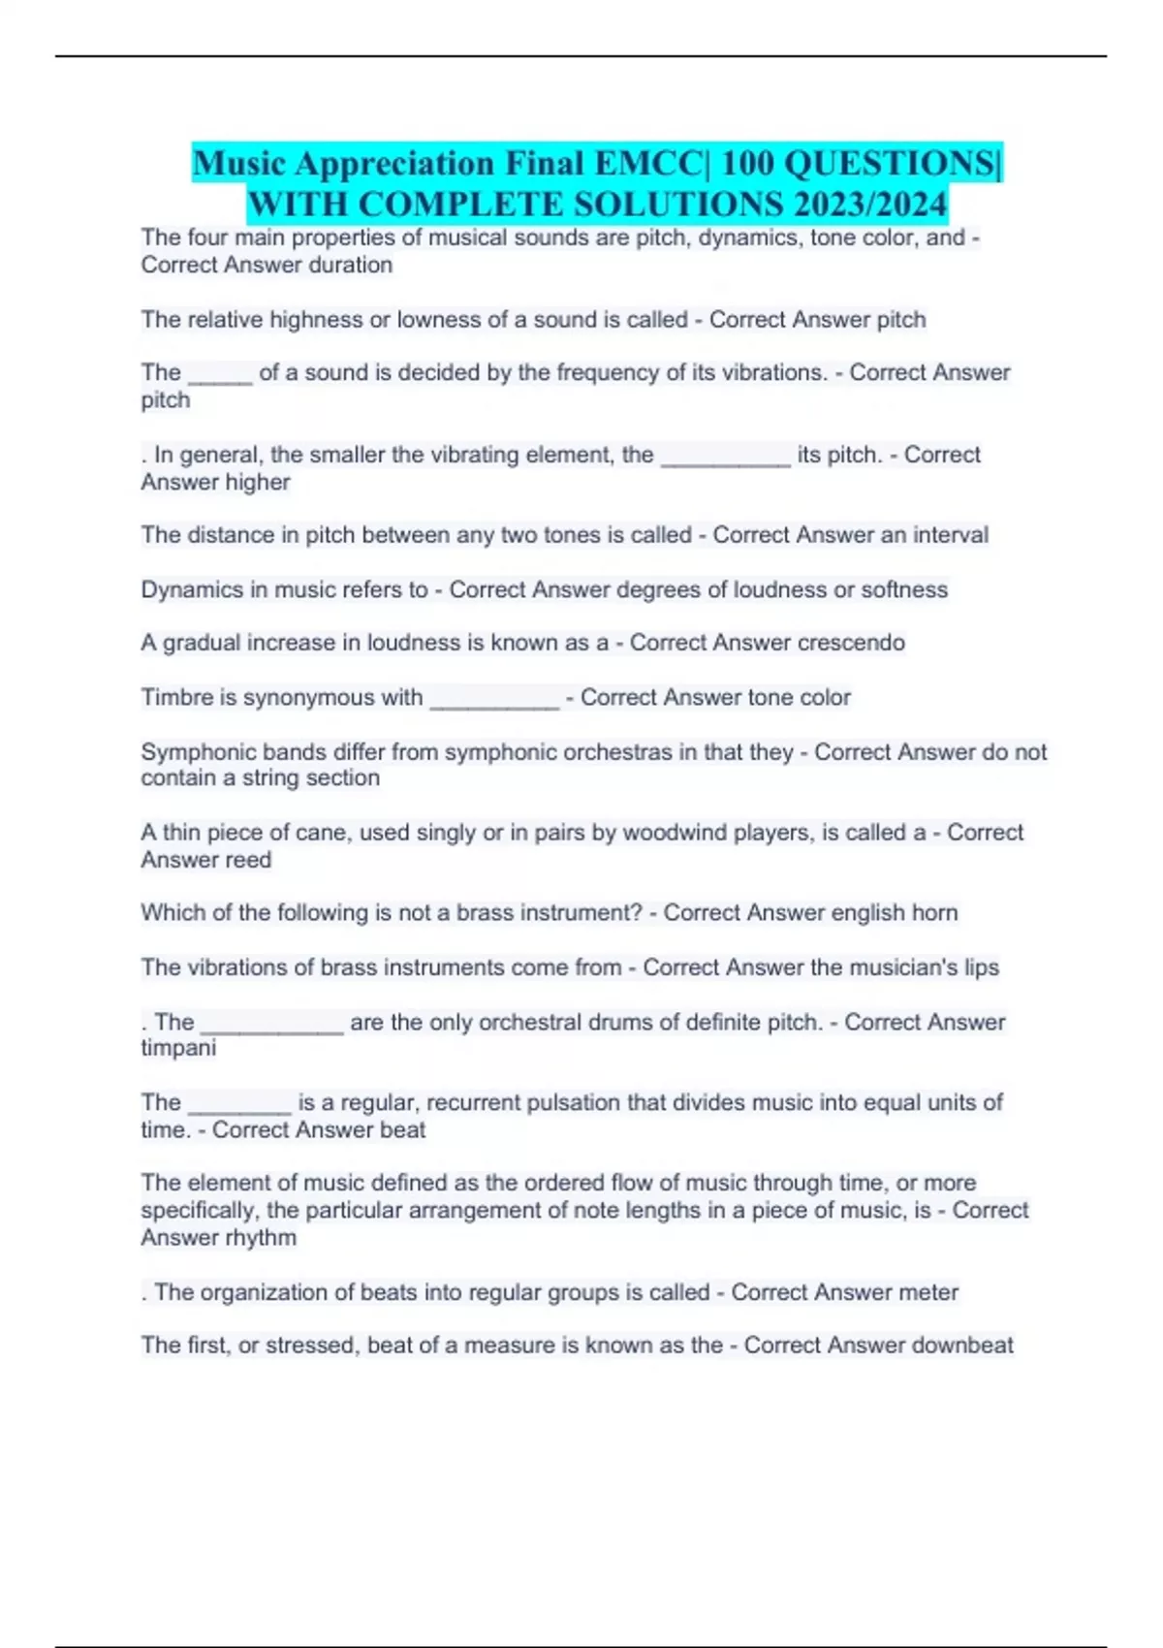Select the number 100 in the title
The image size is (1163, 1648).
pos(747,164)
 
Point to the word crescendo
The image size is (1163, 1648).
pos(851,643)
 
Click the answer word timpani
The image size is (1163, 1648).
pos(178,1048)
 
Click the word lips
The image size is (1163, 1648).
pos(981,967)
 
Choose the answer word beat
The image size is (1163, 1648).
pos(403,1129)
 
